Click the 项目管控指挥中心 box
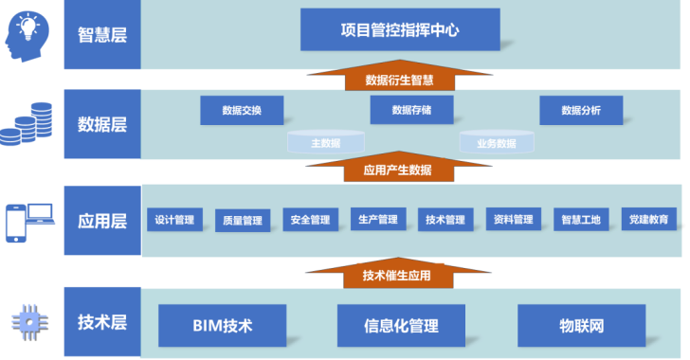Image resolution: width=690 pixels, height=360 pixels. pos(400,29)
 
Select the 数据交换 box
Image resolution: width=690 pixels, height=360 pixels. pos(242,110)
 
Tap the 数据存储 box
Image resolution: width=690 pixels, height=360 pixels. pos(411,110)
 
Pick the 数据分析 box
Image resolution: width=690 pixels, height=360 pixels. pos(581,110)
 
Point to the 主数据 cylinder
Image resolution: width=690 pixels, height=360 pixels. pos(326,142)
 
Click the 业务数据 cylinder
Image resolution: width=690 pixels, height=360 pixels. pos(497,142)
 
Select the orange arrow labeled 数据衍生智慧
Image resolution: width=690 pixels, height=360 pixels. pos(400,75)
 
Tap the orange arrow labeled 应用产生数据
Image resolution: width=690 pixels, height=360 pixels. pos(398,167)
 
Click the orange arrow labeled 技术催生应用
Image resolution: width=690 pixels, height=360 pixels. pos(398,273)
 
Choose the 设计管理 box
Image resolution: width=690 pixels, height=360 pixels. pos(174,220)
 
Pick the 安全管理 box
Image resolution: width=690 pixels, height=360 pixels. pos(310,220)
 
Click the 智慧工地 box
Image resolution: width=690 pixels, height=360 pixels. pos(581,219)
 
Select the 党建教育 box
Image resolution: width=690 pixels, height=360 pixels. pos(648,219)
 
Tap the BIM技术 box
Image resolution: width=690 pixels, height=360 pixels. pos(222,326)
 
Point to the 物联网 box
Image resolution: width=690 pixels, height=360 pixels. pos(581,326)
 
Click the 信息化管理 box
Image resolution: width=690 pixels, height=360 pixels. pos(401,326)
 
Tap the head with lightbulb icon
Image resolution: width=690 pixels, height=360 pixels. pos(27,37)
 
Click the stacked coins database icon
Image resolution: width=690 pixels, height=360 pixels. pos(26,124)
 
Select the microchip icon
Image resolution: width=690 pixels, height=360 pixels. pos(30,323)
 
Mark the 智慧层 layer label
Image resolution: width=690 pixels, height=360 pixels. pos(102,34)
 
